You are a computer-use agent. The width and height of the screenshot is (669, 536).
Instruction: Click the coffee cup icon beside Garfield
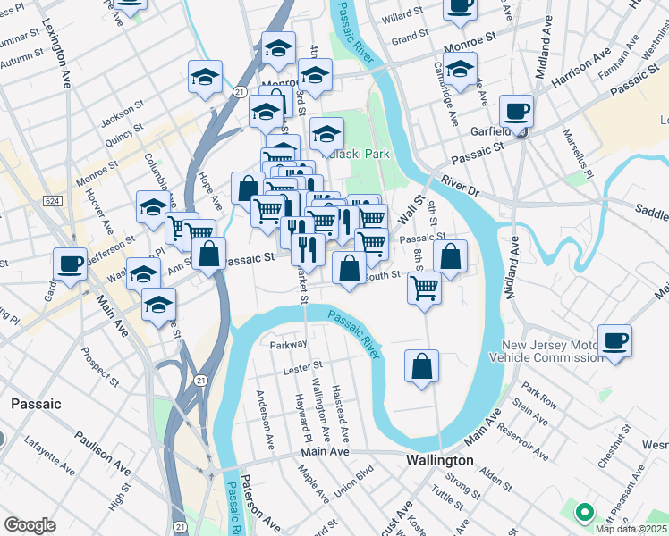[x=516, y=112]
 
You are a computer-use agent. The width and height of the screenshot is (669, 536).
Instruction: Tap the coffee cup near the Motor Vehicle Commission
[x=614, y=340]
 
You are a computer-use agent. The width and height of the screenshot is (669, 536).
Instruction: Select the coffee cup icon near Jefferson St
[x=70, y=264]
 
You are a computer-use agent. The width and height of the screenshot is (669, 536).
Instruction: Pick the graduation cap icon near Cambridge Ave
[x=460, y=68]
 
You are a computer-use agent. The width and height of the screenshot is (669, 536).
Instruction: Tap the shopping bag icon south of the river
[x=421, y=366]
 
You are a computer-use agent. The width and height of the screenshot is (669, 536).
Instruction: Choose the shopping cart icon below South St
[x=423, y=288]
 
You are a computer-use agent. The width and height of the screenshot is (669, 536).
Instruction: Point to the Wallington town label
[x=439, y=460]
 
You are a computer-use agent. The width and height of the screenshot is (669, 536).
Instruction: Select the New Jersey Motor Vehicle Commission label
[x=551, y=351]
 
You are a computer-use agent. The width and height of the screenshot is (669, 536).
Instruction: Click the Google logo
[x=30, y=525]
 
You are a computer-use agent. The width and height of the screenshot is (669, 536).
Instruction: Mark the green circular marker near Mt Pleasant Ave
[x=584, y=513]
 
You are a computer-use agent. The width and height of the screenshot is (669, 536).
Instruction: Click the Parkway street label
[x=288, y=343]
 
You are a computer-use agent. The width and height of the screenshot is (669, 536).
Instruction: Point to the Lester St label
[x=302, y=366]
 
